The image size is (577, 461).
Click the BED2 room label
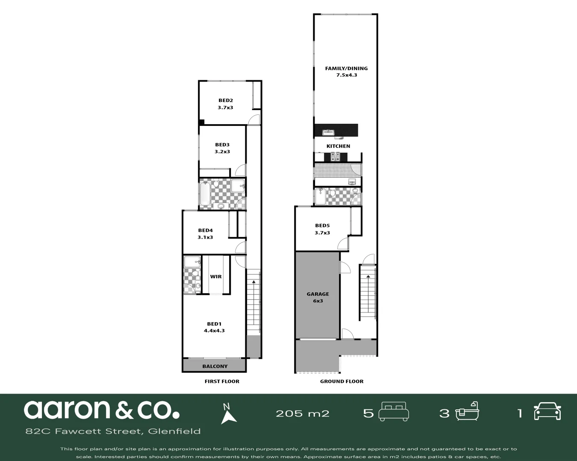(225, 101)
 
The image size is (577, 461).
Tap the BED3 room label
(222, 145)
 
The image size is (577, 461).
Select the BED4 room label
(205, 230)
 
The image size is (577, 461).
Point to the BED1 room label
(214, 324)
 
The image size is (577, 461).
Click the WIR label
(216, 277)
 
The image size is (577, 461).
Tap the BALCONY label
(215, 366)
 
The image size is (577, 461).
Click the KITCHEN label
(338, 146)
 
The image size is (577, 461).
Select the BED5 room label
(322, 226)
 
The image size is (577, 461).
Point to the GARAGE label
(318, 294)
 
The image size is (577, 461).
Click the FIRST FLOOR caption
(222, 381)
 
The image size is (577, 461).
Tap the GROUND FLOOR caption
(341, 381)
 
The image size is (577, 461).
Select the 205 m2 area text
(303, 413)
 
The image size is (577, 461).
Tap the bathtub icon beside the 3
(467, 411)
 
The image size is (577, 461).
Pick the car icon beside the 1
(547, 411)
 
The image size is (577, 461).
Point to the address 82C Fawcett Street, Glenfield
(113, 431)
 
